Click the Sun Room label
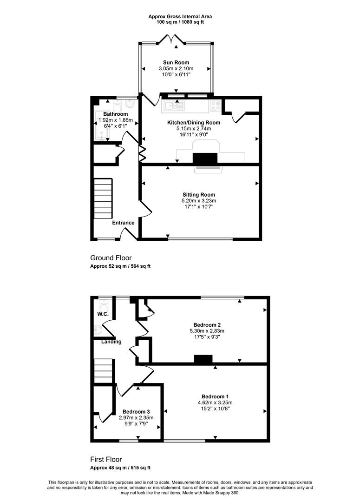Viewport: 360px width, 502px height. (176, 62)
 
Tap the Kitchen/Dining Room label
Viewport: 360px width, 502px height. (194, 122)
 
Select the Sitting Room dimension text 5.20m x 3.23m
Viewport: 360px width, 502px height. (199, 201)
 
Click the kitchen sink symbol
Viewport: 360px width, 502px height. (173, 106)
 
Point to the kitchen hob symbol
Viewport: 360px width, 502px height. (216, 106)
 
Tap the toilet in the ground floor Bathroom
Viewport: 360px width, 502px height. (117, 105)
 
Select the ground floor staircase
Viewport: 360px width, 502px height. (103, 198)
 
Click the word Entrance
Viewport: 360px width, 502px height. (123, 223)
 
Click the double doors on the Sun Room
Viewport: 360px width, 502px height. (172, 39)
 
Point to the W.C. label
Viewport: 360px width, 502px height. (103, 314)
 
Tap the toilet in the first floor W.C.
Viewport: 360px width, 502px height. (104, 304)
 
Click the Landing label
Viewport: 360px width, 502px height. (111, 342)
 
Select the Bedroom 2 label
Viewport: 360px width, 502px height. (207, 325)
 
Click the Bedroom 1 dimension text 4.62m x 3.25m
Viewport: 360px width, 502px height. (215, 403)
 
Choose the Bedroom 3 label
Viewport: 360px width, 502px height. (136, 412)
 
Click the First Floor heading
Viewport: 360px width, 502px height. (106, 459)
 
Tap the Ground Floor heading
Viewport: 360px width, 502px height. (111, 258)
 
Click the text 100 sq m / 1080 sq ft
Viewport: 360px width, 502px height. (180, 22)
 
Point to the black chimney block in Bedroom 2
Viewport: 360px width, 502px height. (203, 359)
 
